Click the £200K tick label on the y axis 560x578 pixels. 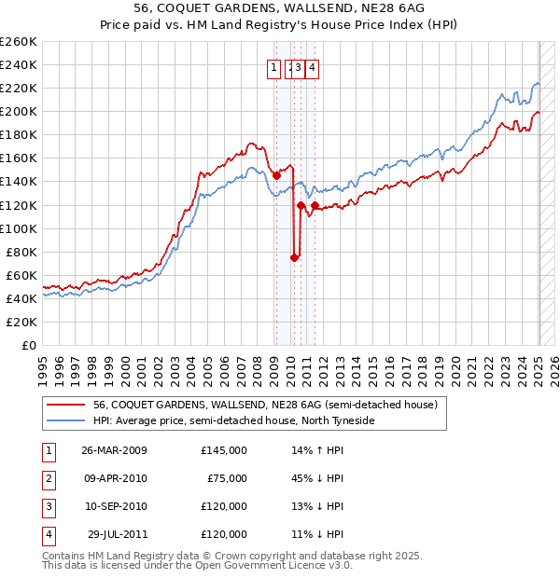[x=19, y=111]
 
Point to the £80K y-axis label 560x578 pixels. [x=21, y=252]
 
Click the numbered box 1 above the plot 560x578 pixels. [x=274, y=66]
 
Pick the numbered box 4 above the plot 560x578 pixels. [x=312, y=66]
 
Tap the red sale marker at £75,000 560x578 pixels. [x=294, y=257]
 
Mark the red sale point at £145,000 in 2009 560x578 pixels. [x=276, y=175]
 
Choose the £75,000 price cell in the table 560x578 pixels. [x=226, y=478]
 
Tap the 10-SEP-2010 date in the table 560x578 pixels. [x=114, y=506]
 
